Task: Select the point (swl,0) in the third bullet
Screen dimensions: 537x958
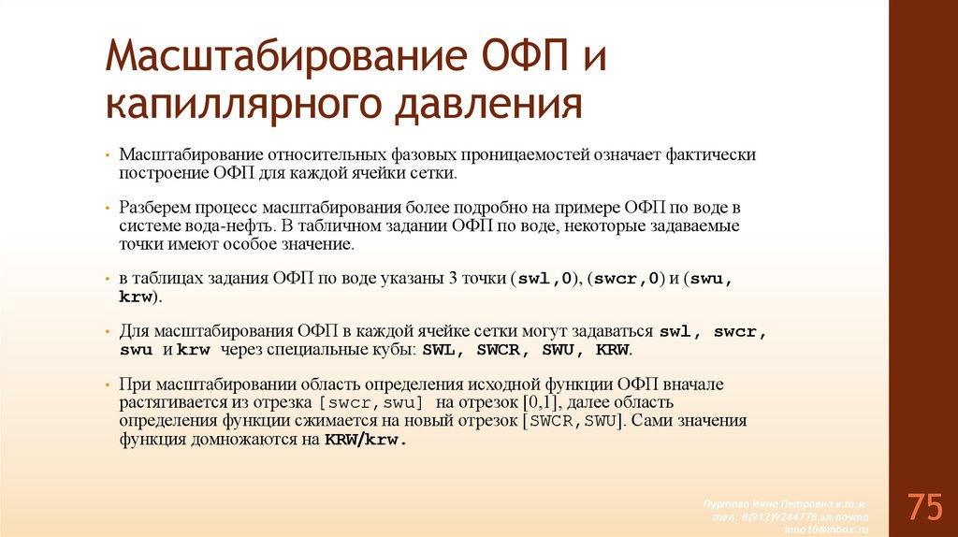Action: pyautogui.click(x=546, y=279)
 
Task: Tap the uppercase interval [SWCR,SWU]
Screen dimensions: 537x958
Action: pyautogui.click(x=573, y=420)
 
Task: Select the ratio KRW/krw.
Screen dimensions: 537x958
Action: pyautogui.click(x=366, y=438)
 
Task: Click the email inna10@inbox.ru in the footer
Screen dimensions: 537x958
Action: pyautogui.click(x=831, y=528)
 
